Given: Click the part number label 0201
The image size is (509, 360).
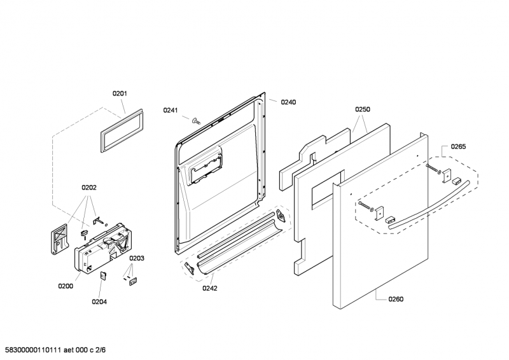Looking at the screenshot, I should tap(120, 93).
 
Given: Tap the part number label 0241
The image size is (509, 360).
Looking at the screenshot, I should tap(170, 110).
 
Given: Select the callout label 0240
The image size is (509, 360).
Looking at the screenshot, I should tap(288, 102).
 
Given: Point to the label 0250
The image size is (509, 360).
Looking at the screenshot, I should tap(362, 109).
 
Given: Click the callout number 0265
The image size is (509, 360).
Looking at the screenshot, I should tap(458, 147).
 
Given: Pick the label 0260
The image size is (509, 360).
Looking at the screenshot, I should tap(395, 299).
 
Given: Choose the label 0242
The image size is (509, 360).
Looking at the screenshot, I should tap(210, 288).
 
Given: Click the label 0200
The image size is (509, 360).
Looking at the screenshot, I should tap(66, 286).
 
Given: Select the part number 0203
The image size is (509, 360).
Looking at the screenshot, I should tap(137, 258).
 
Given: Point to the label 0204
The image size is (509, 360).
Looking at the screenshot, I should tap(100, 301).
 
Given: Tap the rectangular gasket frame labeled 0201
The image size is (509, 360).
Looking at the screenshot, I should tap(120, 130).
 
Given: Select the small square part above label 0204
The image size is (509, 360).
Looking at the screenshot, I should tap(103, 275).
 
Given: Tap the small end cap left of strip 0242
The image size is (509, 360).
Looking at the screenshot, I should tap(189, 268).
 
